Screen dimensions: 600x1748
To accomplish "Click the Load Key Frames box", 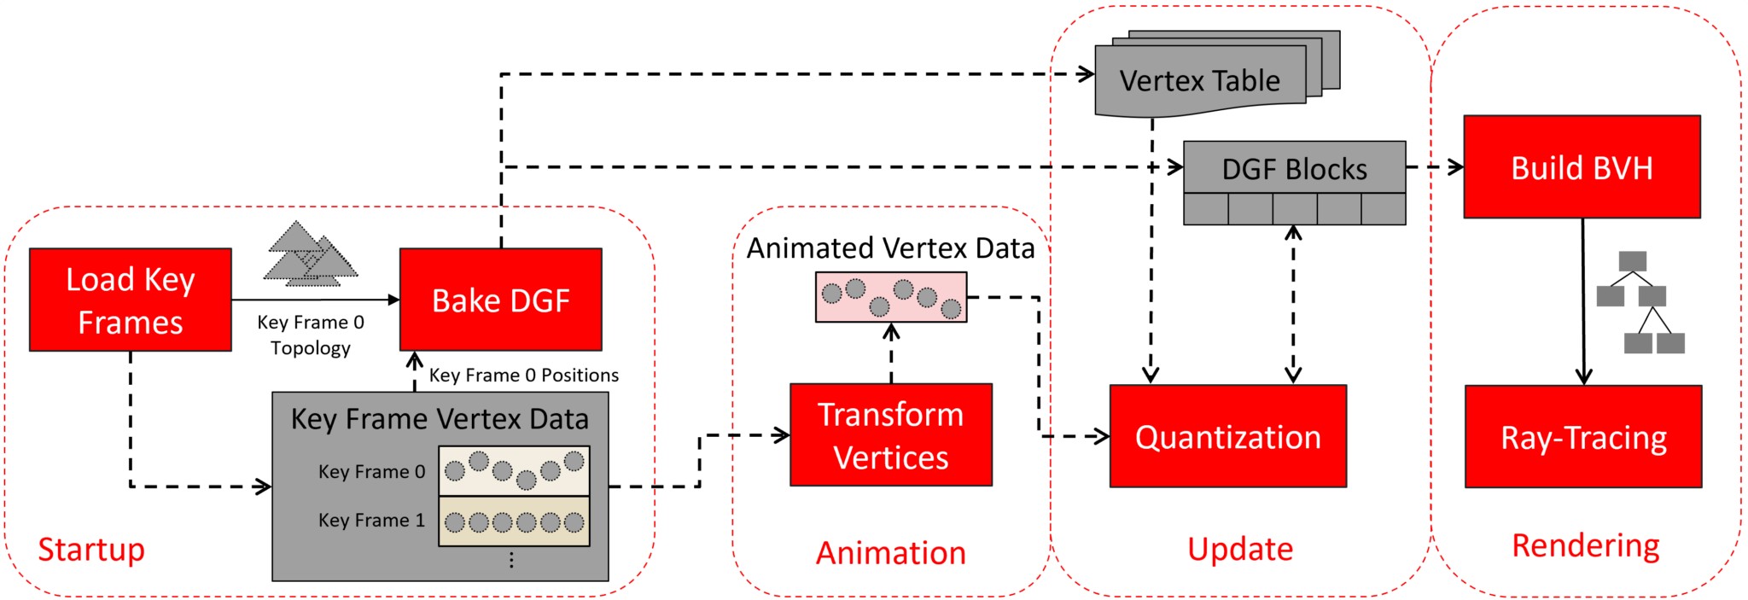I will (x=130, y=300).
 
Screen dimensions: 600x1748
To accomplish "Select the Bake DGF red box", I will (x=500, y=300).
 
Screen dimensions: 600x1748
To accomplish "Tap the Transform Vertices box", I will (x=890, y=435).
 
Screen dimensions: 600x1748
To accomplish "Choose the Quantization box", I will (x=1227, y=436).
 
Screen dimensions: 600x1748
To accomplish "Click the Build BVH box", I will (x=1582, y=167).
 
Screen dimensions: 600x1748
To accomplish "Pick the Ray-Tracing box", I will (x=1583, y=437).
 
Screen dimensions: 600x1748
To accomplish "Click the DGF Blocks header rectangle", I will (x=1294, y=168).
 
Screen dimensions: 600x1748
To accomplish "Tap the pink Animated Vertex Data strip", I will (x=891, y=297).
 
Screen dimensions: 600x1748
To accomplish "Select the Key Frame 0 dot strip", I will (x=514, y=470).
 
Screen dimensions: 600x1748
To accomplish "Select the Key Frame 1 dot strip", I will (x=514, y=521).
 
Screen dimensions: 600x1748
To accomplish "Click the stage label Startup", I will (x=91, y=549).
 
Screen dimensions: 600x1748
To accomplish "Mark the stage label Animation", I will (x=890, y=552).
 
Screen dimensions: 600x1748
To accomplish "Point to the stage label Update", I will (x=1240, y=549).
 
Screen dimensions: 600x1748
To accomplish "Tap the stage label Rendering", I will (x=1585, y=545).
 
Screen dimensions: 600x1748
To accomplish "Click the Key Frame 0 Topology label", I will (x=311, y=335).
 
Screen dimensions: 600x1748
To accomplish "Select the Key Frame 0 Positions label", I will (x=523, y=375).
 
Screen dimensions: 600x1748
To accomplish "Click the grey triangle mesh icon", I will (x=309, y=255).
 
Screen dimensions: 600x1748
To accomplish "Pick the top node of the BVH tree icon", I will (x=1632, y=261).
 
